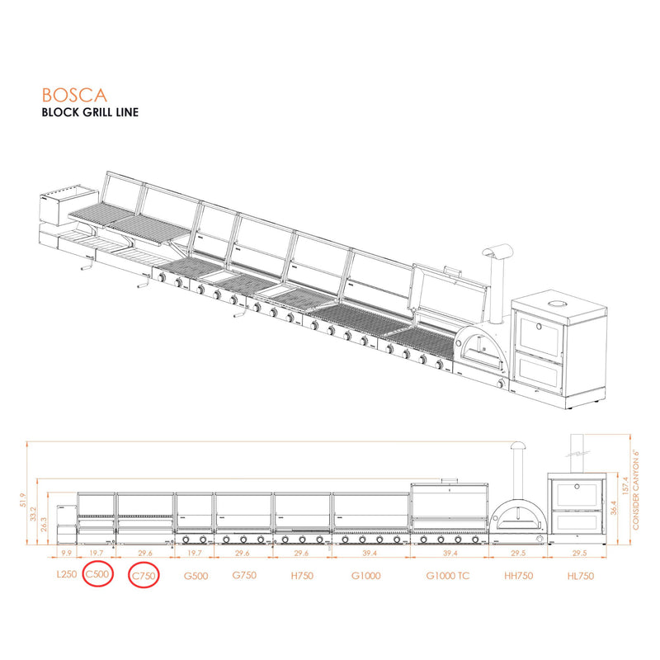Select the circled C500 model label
pyautogui.click(x=98, y=576)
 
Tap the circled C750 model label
pyautogui.click(x=144, y=576)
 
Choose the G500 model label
pyautogui.click(x=195, y=576)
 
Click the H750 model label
pyautogui.click(x=301, y=576)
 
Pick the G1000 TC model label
pyautogui.click(x=447, y=576)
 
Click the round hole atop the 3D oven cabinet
pyautogui.click(x=559, y=305)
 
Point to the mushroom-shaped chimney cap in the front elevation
pyautogui.click(x=517, y=446)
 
